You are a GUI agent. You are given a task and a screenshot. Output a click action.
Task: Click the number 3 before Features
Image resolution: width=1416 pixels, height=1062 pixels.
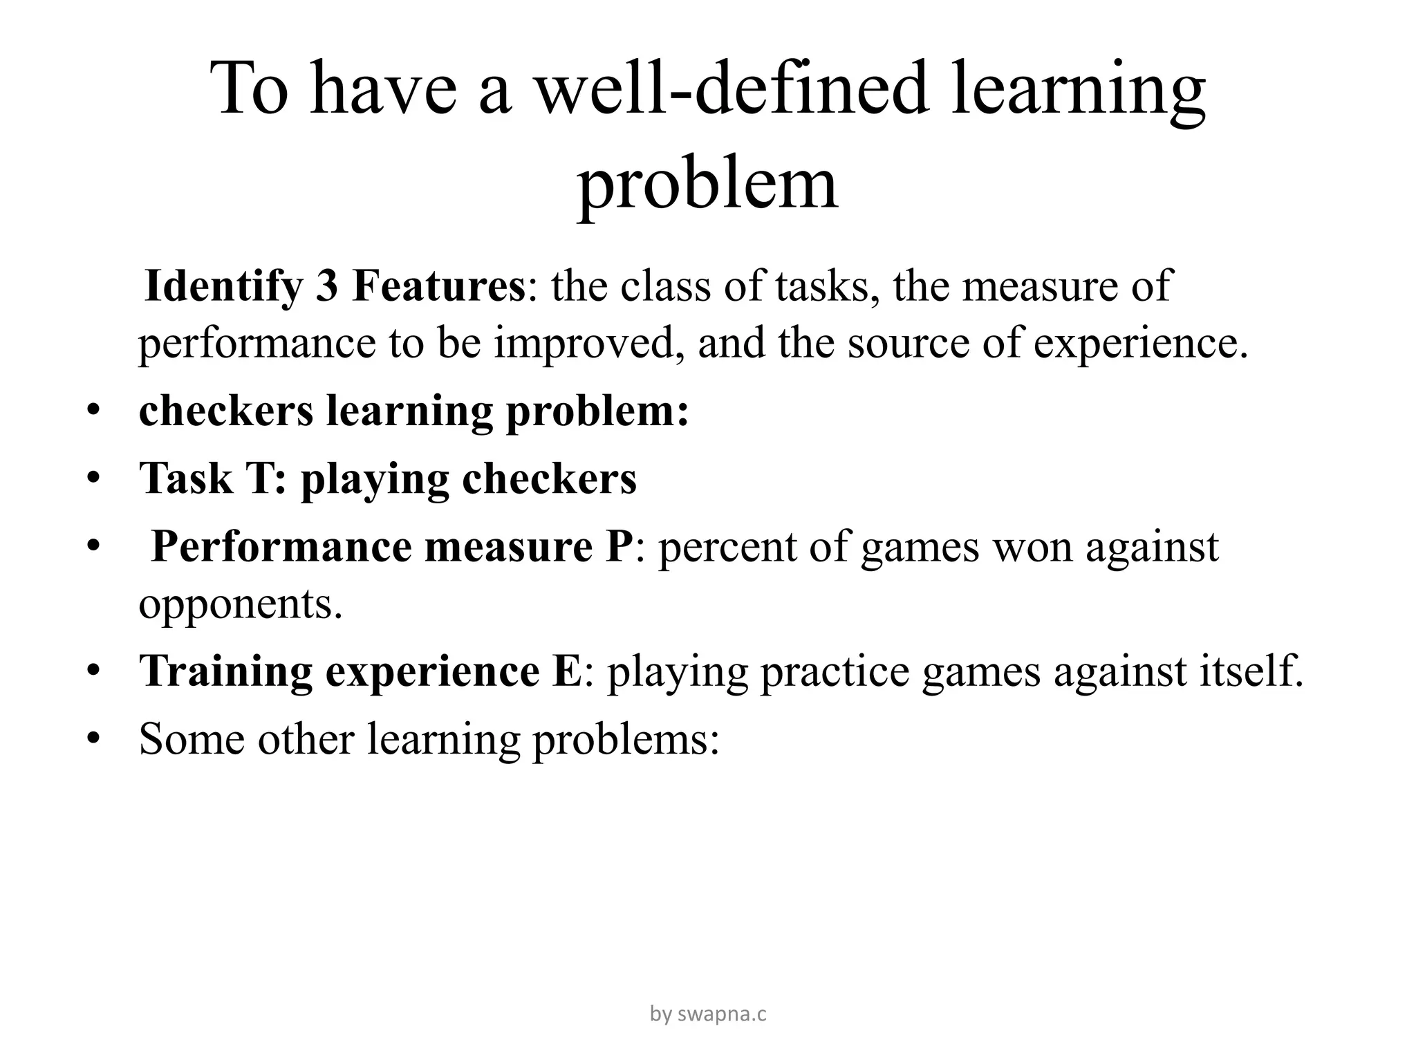(326, 286)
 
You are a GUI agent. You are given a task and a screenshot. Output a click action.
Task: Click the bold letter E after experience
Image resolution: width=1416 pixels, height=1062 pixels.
(568, 671)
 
